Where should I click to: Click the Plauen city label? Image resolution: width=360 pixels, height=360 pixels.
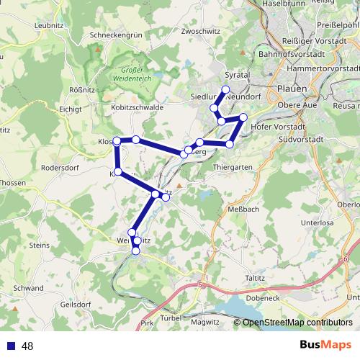(292, 89)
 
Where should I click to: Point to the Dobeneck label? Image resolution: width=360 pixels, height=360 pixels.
(262, 297)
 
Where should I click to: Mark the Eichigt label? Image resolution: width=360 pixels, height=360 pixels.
(71, 109)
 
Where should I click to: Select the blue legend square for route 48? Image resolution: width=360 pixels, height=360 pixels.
(10, 346)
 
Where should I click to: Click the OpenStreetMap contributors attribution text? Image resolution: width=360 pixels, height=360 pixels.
(297, 323)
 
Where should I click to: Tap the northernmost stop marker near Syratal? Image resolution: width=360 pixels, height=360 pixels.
(225, 90)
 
